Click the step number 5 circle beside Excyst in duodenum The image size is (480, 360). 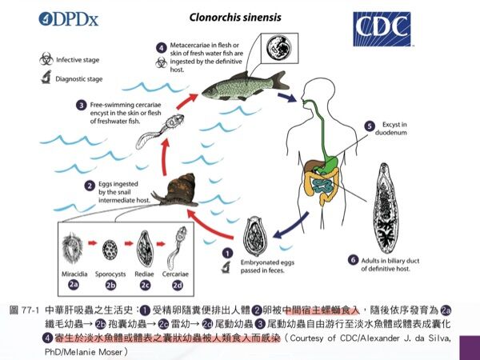tap(369, 126)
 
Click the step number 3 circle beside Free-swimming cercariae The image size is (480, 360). tap(81, 104)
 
